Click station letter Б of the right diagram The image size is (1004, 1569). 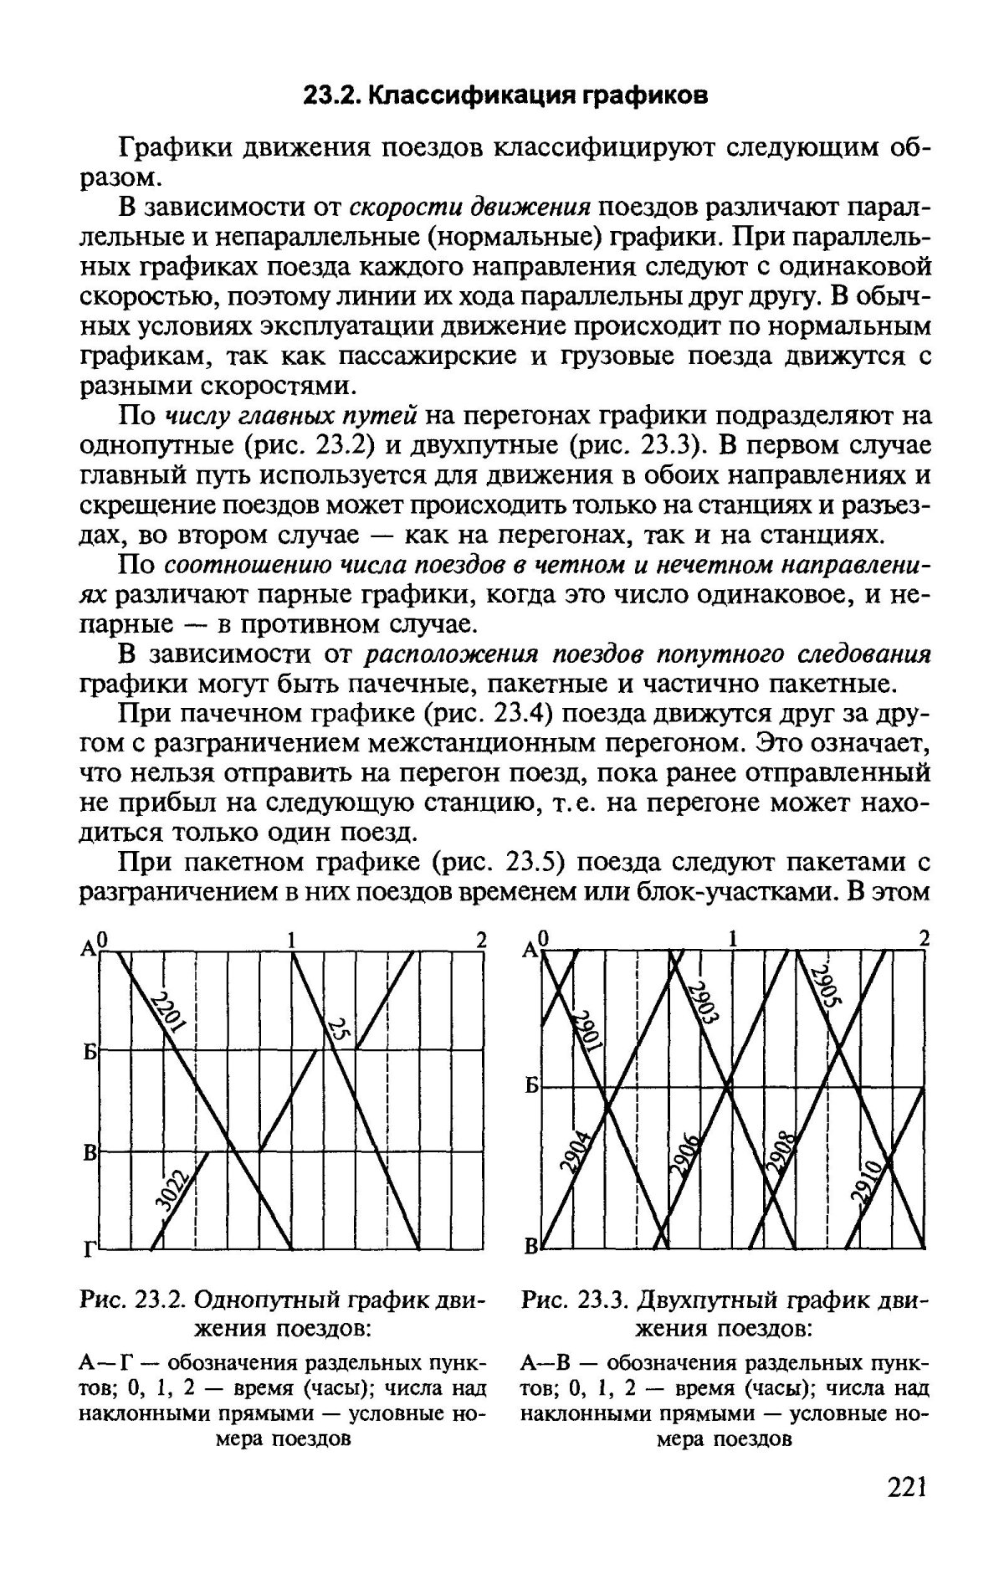(530, 1088)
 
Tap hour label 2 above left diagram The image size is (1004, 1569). (481, 939)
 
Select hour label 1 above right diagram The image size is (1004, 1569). (734, 939)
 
